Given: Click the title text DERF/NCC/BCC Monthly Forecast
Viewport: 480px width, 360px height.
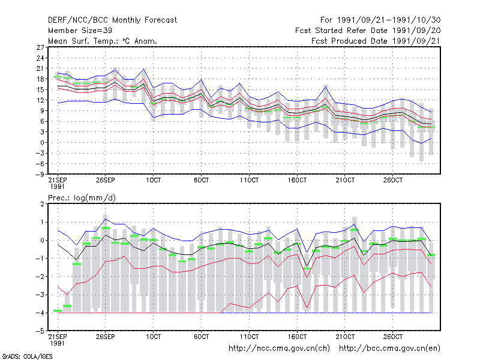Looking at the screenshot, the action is click(112, 20).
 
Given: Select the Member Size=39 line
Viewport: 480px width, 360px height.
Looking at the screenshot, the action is click(80, 31).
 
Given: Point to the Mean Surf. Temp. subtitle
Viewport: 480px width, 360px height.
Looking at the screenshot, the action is click(102, 41).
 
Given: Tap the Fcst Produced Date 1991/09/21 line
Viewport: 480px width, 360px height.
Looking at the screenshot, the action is click(376, 41).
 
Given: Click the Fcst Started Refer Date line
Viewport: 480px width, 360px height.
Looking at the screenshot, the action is click(368, 31).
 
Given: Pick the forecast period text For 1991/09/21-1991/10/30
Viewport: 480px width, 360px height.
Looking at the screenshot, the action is click(380, 20).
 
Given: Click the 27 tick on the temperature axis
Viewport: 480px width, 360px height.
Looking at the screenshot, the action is click(40, 47).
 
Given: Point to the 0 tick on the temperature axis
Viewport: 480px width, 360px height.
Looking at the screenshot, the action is click(42, 143).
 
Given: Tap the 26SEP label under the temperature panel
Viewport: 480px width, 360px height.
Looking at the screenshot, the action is click(106, 180).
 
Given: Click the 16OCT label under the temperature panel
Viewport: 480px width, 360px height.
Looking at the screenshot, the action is click(297, 180).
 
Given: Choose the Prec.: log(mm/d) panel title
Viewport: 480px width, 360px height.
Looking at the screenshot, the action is click(82, 198).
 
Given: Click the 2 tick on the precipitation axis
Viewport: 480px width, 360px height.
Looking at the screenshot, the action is click(42, 204).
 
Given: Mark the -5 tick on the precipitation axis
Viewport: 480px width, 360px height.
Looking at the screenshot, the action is click(40, 331).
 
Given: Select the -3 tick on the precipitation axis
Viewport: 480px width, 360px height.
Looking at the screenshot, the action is click(40, 295).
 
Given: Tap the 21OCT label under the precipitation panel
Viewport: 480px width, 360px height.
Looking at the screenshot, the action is click(345, 337).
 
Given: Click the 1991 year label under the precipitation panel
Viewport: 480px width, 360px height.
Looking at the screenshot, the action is click(57, 343).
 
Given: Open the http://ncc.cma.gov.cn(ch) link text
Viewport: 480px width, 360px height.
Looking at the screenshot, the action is click(279, 349).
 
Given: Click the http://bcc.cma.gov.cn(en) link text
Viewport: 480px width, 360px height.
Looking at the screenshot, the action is click(389, 349).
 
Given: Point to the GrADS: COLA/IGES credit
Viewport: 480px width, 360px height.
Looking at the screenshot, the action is click(28, 356).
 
